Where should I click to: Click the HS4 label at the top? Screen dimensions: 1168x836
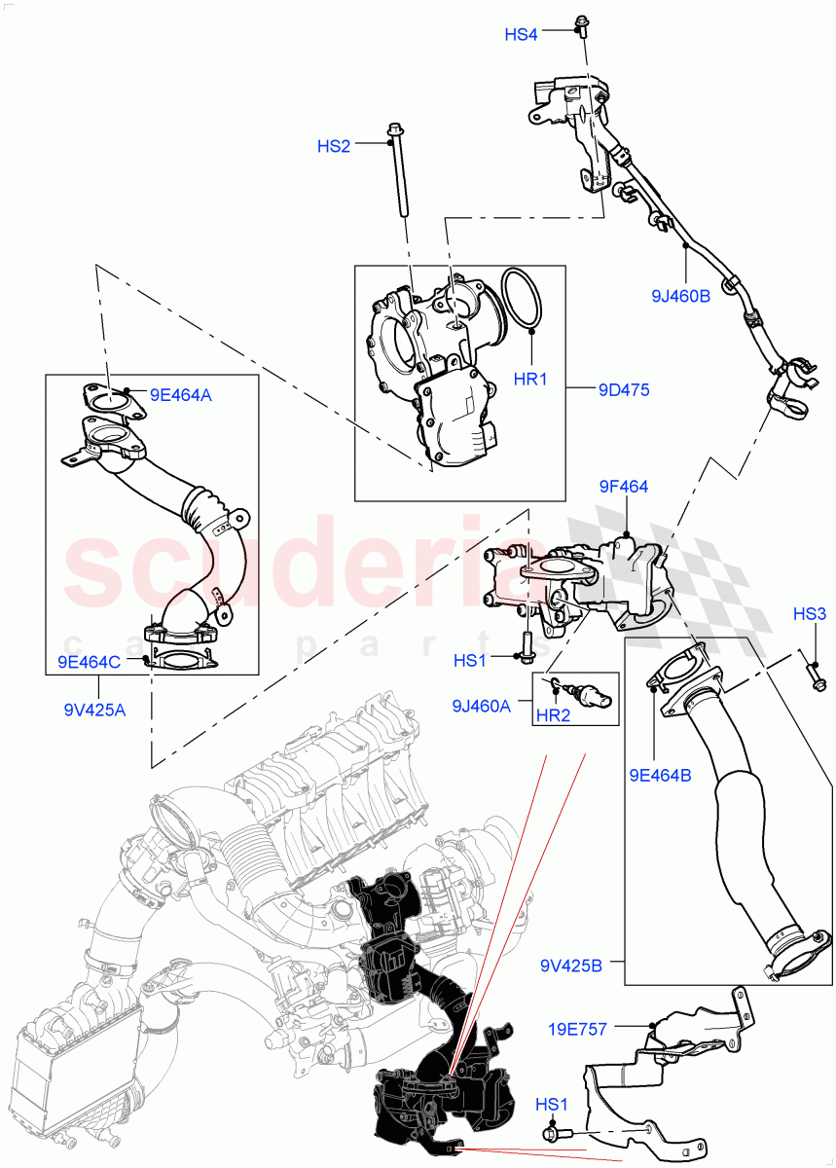(521, 34)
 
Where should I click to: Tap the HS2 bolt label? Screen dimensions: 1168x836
(334, 146)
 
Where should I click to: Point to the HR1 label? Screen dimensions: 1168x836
(531, 379)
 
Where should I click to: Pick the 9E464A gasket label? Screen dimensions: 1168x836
(180, 395)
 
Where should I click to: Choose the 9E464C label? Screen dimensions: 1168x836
(89, 662)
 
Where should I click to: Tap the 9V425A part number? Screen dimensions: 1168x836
(89, 710)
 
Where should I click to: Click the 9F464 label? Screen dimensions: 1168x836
(624, 487)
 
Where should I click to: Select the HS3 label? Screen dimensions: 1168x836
(809, 614)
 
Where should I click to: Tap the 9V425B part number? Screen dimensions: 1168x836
(572, 966)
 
